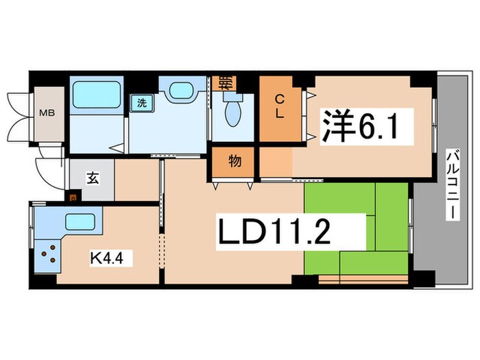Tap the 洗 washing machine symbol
(x=141, y=103)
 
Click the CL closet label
(x=280, y=107)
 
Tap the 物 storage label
(x=234, y=163)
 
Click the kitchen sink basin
(x=79, y=222)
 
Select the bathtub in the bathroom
(x=97, y=92)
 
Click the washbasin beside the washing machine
(x=182, y=91)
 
